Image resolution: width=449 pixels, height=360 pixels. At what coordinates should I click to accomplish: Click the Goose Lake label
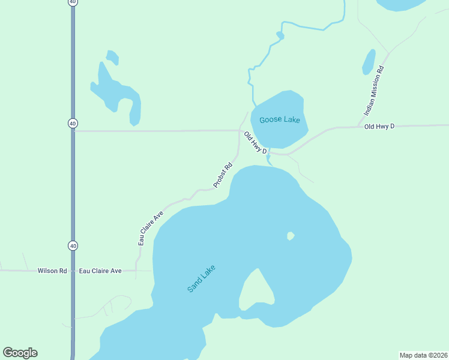click(x=279, y=120)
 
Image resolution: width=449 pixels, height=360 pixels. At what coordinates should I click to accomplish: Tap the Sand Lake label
click(x=201, y=278)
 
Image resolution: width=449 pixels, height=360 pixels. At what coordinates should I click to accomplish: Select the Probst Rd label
click(x=222, y=175)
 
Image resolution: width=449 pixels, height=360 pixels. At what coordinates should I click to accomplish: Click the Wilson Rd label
click(x=52, y=271)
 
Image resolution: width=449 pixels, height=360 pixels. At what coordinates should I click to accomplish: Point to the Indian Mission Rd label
click(x=374, y=91)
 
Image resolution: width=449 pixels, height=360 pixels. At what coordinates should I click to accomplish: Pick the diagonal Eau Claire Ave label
click(x=151, y=228)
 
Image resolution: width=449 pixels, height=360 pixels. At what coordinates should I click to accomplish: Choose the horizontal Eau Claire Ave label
click(x=100, y=271)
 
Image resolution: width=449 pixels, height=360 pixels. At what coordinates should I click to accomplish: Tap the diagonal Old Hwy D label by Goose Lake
click(x=255, y=142)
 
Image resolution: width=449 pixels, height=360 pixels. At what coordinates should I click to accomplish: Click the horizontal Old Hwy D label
click(x=379, y=127)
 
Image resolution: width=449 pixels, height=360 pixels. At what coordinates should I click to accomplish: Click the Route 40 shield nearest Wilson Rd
click(x=73, y=245)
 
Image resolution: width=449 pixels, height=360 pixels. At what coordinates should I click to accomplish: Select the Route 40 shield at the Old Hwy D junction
click(x=73, y=123)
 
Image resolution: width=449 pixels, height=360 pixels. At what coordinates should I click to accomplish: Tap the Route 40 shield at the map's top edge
click(x=73, y=2)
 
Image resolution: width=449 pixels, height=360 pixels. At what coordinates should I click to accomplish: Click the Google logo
click(x=20, y=353)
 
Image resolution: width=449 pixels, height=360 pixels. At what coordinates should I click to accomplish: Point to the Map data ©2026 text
click(x=423, y=355)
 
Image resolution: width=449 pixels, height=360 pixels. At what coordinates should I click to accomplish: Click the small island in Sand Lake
click(x=291, y=236)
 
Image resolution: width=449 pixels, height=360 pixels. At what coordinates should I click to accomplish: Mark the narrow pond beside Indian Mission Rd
click(x=369, y=61)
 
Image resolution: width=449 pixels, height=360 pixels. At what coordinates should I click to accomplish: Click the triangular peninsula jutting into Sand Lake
click(x=256, y=289)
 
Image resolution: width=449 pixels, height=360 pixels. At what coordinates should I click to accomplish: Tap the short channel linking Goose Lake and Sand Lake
click(x=268, y=158)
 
